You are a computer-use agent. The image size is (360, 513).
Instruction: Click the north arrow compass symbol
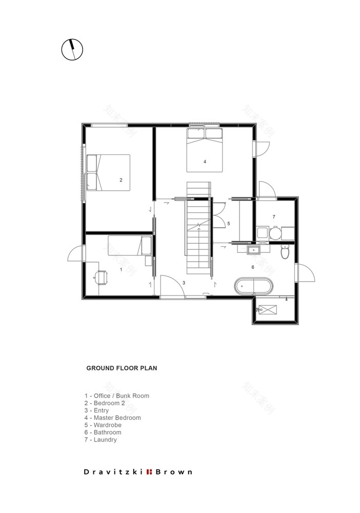point(72,50)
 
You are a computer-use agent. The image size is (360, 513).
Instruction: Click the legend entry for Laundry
point(101,440)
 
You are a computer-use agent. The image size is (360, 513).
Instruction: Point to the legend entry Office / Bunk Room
point(117,396)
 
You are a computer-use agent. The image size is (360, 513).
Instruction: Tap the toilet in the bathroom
point(286,251)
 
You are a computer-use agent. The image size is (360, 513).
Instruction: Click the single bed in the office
point(129,245)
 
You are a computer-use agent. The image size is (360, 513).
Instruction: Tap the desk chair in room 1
point(101,277)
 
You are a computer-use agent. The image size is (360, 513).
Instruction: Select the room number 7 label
point(274,216)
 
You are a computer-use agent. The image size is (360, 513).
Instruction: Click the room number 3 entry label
point(184,283)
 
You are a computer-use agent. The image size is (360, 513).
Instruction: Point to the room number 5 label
point(229,224)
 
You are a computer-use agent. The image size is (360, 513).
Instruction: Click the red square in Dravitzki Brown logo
point(149,471)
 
